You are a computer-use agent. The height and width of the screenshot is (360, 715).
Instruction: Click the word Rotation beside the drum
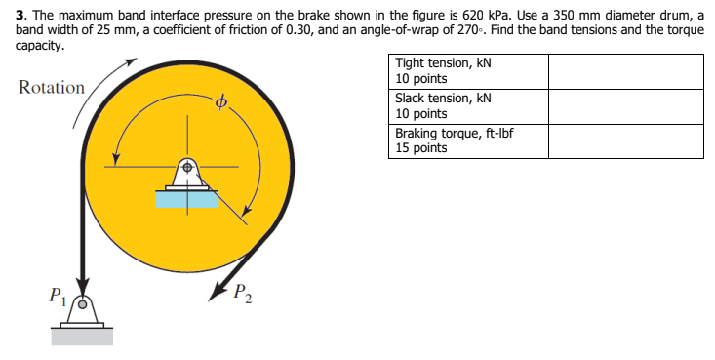52,88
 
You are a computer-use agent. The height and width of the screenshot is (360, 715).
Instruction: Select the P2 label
243,293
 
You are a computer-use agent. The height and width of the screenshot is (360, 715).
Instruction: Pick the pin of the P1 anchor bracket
83,303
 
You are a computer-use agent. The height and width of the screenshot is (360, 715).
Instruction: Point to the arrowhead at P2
214,291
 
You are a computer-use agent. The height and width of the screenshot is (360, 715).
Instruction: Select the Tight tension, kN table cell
467,70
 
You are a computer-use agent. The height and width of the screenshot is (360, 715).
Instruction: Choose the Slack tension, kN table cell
467,105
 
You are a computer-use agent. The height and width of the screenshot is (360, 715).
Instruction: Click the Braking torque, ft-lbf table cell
467,140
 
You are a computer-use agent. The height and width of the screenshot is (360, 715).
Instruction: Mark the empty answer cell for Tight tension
624,70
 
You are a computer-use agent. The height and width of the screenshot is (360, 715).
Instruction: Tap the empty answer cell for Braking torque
624,140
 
